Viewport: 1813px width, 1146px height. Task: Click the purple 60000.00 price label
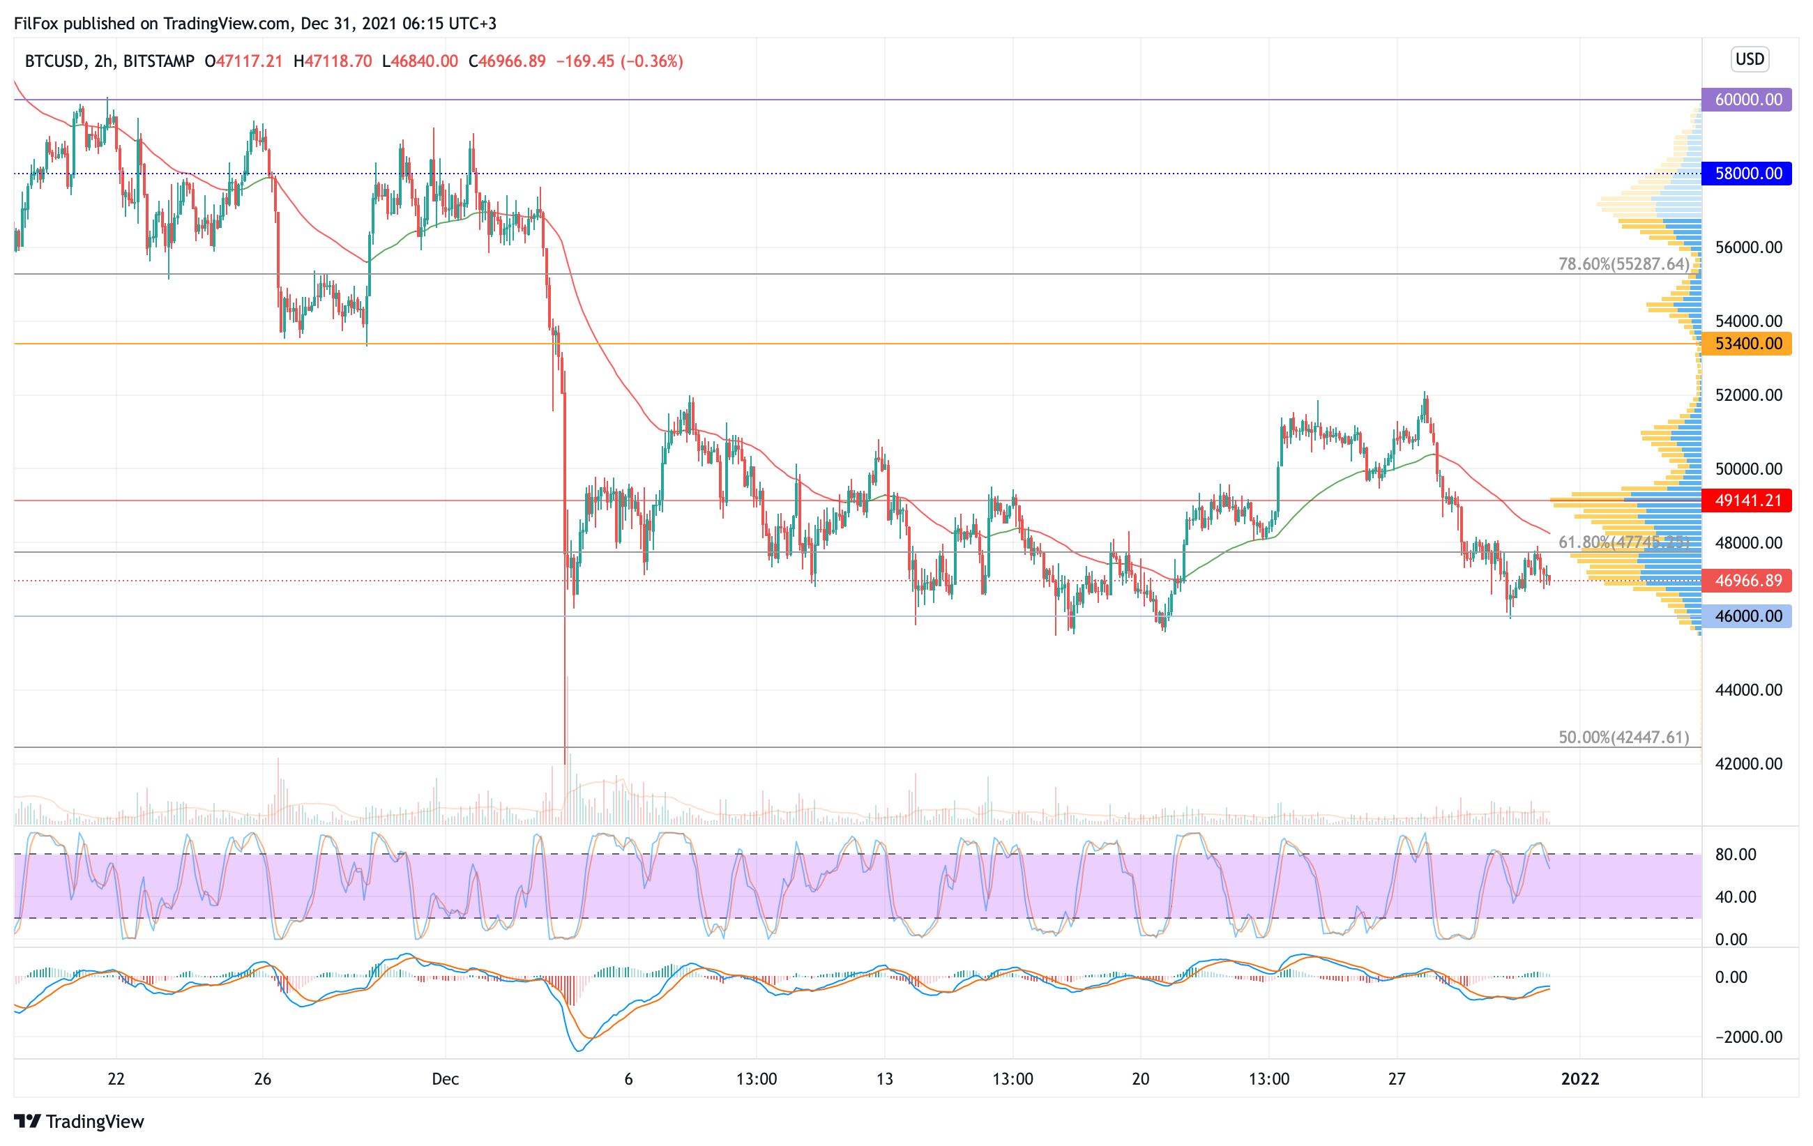click(x=1747, y=99)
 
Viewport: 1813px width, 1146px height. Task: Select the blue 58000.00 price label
click(x=1747, y=173)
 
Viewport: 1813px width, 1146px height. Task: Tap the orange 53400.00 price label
click(x=1747, y=344)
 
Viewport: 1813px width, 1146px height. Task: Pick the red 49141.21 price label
click(x=1747, y=501)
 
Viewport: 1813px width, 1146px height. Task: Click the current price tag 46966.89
click(x=1747, y=580)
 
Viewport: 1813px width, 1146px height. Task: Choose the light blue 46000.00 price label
click(x=1747, y=616)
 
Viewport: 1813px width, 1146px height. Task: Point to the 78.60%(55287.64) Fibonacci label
click(x=1623, y=264)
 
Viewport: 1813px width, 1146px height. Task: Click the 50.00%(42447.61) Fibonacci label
click(x=1623, y=738)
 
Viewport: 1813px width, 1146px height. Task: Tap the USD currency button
click(x=1749, y=59)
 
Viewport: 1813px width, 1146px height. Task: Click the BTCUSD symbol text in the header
click(x=54, y=61)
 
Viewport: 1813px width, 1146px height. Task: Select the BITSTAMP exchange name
click(x=158, y=61)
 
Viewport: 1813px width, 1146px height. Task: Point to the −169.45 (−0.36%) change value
click(x=619, y=61)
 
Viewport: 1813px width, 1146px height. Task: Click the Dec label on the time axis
click(x=445, y=1079)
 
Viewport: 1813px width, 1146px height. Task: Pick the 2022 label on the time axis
click(x=1579, y=1079)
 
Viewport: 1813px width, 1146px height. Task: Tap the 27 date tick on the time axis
click(x=1397, y=1079)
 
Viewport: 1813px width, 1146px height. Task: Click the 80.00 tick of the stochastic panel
click(x=1735, y=854)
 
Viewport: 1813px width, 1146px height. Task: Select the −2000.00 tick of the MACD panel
click(x=1747, y=1037)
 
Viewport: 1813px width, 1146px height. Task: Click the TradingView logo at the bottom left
click(x=79, y=1121)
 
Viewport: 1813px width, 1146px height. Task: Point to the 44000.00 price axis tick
click(x=1748, y=690)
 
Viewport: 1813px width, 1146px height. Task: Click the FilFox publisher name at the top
click(x=36, y=23)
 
